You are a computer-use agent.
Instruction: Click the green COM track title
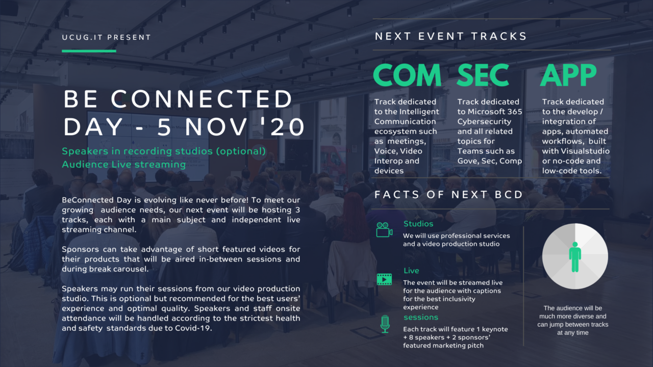click(x=407, y=75)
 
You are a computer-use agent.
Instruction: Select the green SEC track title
click(x=483, y=75)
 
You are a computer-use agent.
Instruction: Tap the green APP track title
click(x=568, y=75)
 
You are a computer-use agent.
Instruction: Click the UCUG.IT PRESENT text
click(x=107, y=37)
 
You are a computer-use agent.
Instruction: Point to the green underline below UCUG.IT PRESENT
click(x=89, y=51)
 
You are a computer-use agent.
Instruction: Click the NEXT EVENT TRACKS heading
click(x=450, y=36)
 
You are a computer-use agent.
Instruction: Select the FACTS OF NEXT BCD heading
click(x=448, y=195)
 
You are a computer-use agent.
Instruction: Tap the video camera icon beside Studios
click(x=384, y=230)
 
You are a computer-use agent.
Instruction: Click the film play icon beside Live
click(x=384, y=279)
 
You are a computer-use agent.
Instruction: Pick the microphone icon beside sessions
click(x=385, y=324)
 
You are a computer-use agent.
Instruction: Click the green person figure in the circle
click(x=575, y=257)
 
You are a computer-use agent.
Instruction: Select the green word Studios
click(x=418, y=224)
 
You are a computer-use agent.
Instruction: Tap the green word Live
click(x=411, y=271)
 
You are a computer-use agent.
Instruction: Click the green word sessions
click(x=421, y=317)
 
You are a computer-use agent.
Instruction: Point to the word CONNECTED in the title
click(x=202, y=98)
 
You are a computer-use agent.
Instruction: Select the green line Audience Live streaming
click(x=124, y=165)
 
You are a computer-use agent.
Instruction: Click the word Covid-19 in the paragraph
click(x=193, y=328)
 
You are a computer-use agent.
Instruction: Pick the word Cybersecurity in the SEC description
click(x=484, y=121)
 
